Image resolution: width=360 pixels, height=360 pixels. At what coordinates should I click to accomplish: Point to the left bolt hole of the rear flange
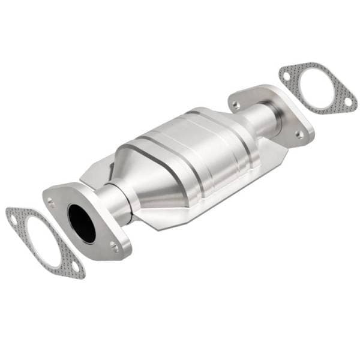click(236, 105)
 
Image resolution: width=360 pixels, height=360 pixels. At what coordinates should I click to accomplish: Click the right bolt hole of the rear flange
click(298, 134)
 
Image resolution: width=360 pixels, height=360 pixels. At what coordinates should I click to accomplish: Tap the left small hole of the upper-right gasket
click(286, 77)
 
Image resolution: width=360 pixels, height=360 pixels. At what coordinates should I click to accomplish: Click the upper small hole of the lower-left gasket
click(13, 220)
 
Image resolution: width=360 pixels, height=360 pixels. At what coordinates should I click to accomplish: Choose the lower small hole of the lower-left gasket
click(74, 266)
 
